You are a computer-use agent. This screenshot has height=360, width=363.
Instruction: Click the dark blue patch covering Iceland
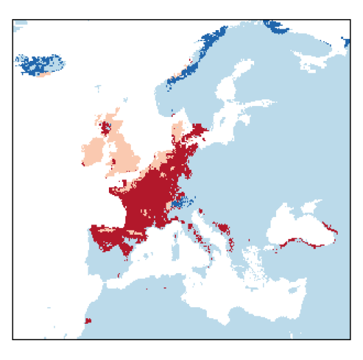40,64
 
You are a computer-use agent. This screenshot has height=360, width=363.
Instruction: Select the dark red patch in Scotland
106,127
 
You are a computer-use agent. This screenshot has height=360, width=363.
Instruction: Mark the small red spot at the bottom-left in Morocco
87,320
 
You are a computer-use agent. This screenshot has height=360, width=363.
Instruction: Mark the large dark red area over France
147,198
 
